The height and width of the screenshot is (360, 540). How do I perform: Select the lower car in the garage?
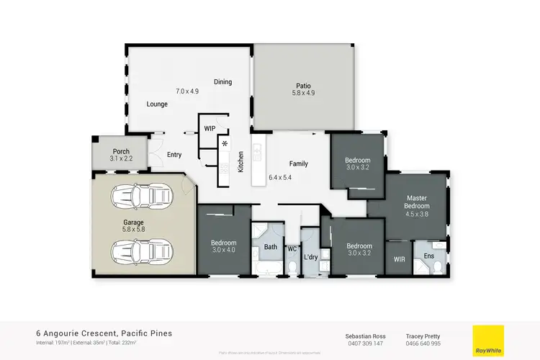pyautogui.click(x=142, y=251)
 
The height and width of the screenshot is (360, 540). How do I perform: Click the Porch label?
pyautogui.click(x=120, y=151)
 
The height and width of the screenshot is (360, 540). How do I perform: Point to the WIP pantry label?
pyautogui.click(x=210, y=128)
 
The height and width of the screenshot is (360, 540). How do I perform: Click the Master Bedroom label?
pyautogui.click(x=418, y=203)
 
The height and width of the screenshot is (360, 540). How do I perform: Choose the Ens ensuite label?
pyautogui.click(x=429, y=256)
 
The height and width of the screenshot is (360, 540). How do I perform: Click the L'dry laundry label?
pyautogui.click(x=311, y=257)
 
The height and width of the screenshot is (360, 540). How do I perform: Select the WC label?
pyautogui.click(x=292, y=249)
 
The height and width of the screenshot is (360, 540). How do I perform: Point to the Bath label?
pyautogui.click(x=271, y=246)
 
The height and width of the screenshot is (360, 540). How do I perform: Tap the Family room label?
pyautogui.click(x=298, y=163)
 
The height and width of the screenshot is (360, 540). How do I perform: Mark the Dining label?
pyautogui.click(x=222, y=82)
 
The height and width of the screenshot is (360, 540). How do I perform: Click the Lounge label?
pyautogui.click(x=157, y=104)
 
